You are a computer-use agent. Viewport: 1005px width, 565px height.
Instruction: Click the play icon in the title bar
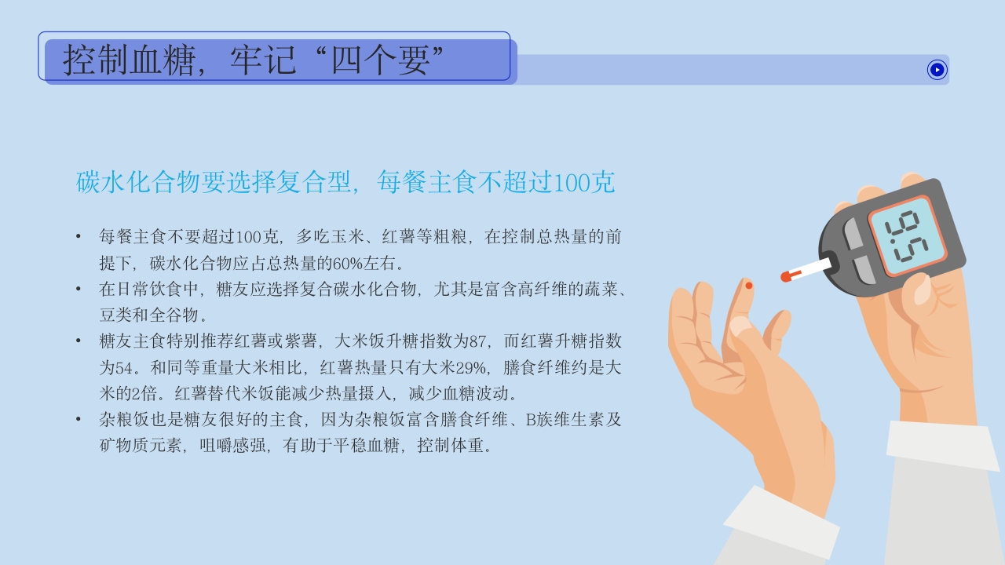coord(937,70)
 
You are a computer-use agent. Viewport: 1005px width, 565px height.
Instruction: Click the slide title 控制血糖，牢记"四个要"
coord(254,60)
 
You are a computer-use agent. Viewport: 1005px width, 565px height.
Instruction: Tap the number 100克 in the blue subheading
coord(583,182)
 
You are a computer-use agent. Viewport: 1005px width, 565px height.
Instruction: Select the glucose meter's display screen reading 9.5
coord(908,236)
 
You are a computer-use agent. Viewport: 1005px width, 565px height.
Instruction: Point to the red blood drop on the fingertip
coord(748,286)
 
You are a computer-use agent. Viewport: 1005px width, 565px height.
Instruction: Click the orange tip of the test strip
coord(786,276)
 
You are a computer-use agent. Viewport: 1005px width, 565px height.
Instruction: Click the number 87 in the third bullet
coord(478,341)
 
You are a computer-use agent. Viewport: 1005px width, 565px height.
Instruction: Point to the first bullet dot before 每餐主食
coord(79,236)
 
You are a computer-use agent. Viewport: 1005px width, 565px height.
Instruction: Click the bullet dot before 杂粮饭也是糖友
coord(79,420)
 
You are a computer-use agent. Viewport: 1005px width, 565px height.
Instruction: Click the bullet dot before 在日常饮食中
coord(79,289)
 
